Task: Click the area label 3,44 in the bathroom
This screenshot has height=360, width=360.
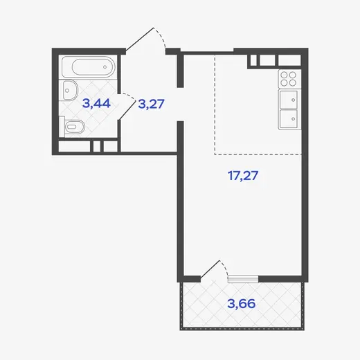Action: [96, 103]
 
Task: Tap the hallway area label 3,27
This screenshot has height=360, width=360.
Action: [151, 104]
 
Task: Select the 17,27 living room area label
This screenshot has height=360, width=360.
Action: [243, 175]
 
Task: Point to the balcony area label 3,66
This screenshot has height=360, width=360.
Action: [242, 303]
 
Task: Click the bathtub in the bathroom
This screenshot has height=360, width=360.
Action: [89, 67]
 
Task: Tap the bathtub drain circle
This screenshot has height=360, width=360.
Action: [105, 67]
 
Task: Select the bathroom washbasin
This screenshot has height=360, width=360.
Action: [70, 90]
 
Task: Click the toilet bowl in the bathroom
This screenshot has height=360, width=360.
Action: [75, 127]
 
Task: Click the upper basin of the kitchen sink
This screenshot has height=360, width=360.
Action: [288, 100]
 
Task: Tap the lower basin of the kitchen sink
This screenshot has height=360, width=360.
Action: [288, 119]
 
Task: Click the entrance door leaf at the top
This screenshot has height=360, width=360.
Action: [140, 39]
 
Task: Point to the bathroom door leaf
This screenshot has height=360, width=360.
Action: [127, 110]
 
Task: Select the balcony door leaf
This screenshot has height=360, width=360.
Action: [210, 269]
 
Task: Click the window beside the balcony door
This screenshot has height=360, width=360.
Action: [243, 279]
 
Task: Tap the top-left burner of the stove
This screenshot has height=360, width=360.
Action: [285, 75]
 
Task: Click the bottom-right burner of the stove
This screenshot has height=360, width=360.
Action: [293, 82]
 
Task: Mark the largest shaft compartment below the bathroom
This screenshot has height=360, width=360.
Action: [74, 146]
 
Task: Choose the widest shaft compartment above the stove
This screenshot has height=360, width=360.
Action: [289, 60]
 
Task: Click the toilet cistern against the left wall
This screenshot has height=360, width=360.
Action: [62, 127]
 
